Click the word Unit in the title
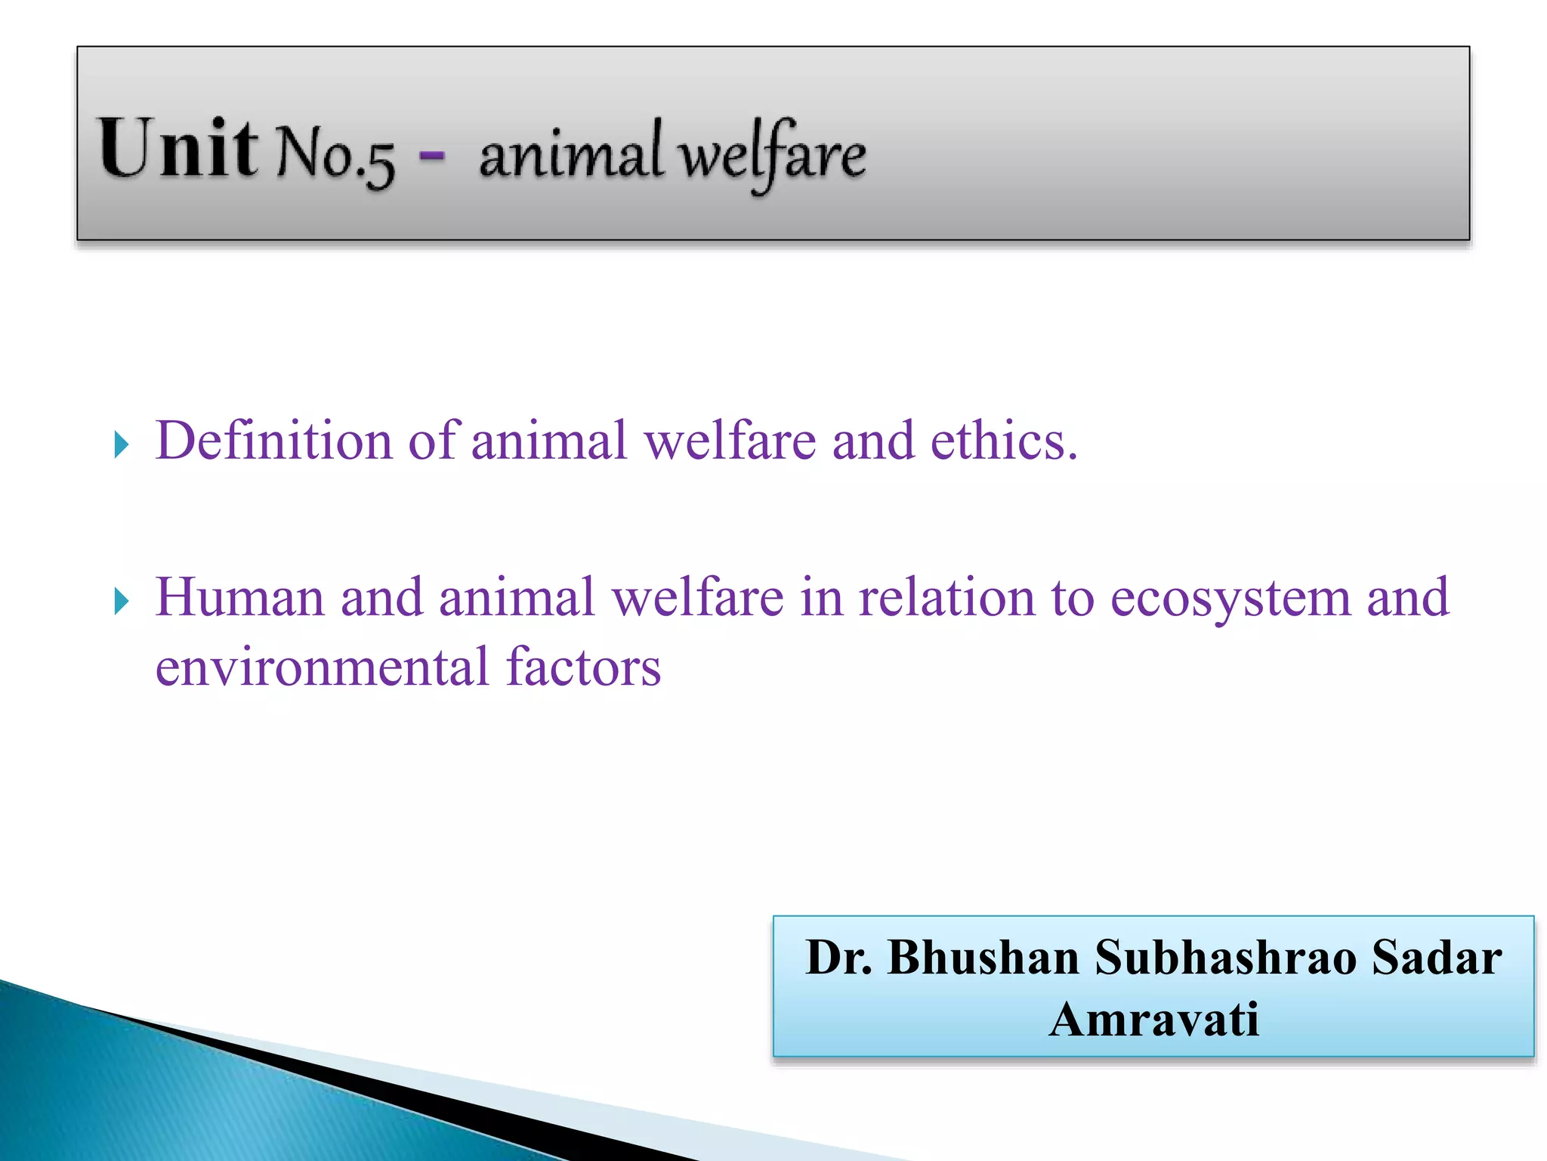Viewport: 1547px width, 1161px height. coord(178,149)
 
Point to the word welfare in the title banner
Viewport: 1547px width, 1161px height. coord(771,155)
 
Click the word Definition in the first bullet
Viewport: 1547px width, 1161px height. coord(273,440)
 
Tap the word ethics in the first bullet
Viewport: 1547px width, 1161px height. coord(1003,440)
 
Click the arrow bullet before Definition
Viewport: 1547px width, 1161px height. coord(121,444)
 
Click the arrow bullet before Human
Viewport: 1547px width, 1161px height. coord(121,602)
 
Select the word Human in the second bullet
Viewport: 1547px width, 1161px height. coord(239,597)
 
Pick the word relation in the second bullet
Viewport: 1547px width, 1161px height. coord(946,597)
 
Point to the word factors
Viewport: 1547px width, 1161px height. coord(583,667)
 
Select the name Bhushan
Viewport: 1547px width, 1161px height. coord(983,958)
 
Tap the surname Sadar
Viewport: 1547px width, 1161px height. coord(1436,958)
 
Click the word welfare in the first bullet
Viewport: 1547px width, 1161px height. coord(730,440)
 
